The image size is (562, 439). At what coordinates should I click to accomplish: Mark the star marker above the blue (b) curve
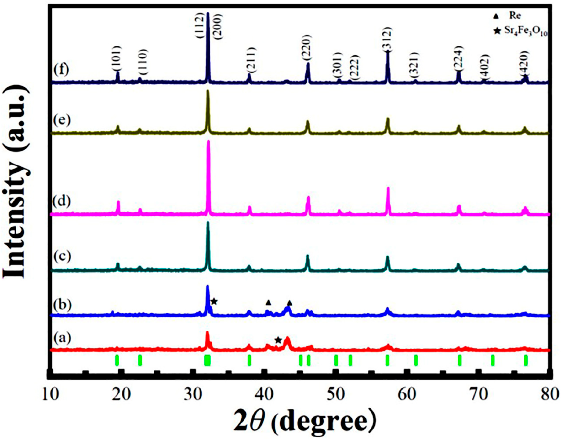point(214,301)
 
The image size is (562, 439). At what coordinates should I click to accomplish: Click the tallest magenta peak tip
point(208,141)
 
